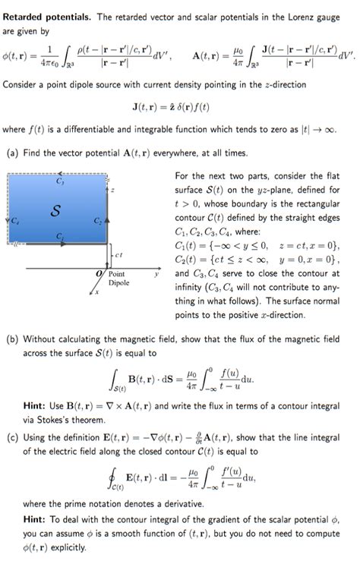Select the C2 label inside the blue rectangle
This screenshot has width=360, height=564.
tap(97, 222)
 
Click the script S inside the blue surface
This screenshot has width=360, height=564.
tap(55, 211)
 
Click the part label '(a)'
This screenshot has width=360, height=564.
tap(11, 153)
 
